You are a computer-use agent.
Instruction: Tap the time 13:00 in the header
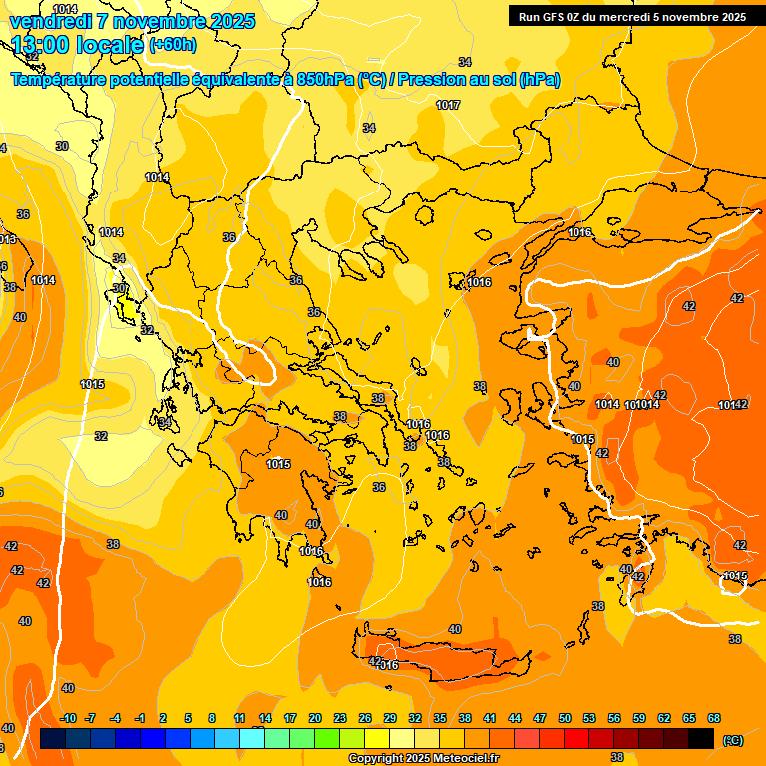pos(45,45)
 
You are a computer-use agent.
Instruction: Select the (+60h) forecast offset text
pos(173,45)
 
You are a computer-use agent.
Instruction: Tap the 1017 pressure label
pos(448,105)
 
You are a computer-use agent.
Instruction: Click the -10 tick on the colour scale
pos(68,718)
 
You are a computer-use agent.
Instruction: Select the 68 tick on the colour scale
pos(714,718)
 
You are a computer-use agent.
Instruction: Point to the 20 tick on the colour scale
pos(315,718)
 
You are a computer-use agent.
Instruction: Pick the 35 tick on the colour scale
pos(440,718)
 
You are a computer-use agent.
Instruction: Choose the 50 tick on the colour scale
pos(565,718)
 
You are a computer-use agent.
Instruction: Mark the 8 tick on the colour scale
pos(212,718)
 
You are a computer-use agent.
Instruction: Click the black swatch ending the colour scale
pos(701,738)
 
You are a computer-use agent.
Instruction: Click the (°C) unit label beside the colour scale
pos(733,739)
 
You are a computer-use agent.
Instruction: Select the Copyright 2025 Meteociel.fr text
pos(424,759)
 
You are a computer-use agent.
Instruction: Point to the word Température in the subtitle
pos(62,80)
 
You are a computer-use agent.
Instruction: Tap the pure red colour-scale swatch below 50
pos(576,738)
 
